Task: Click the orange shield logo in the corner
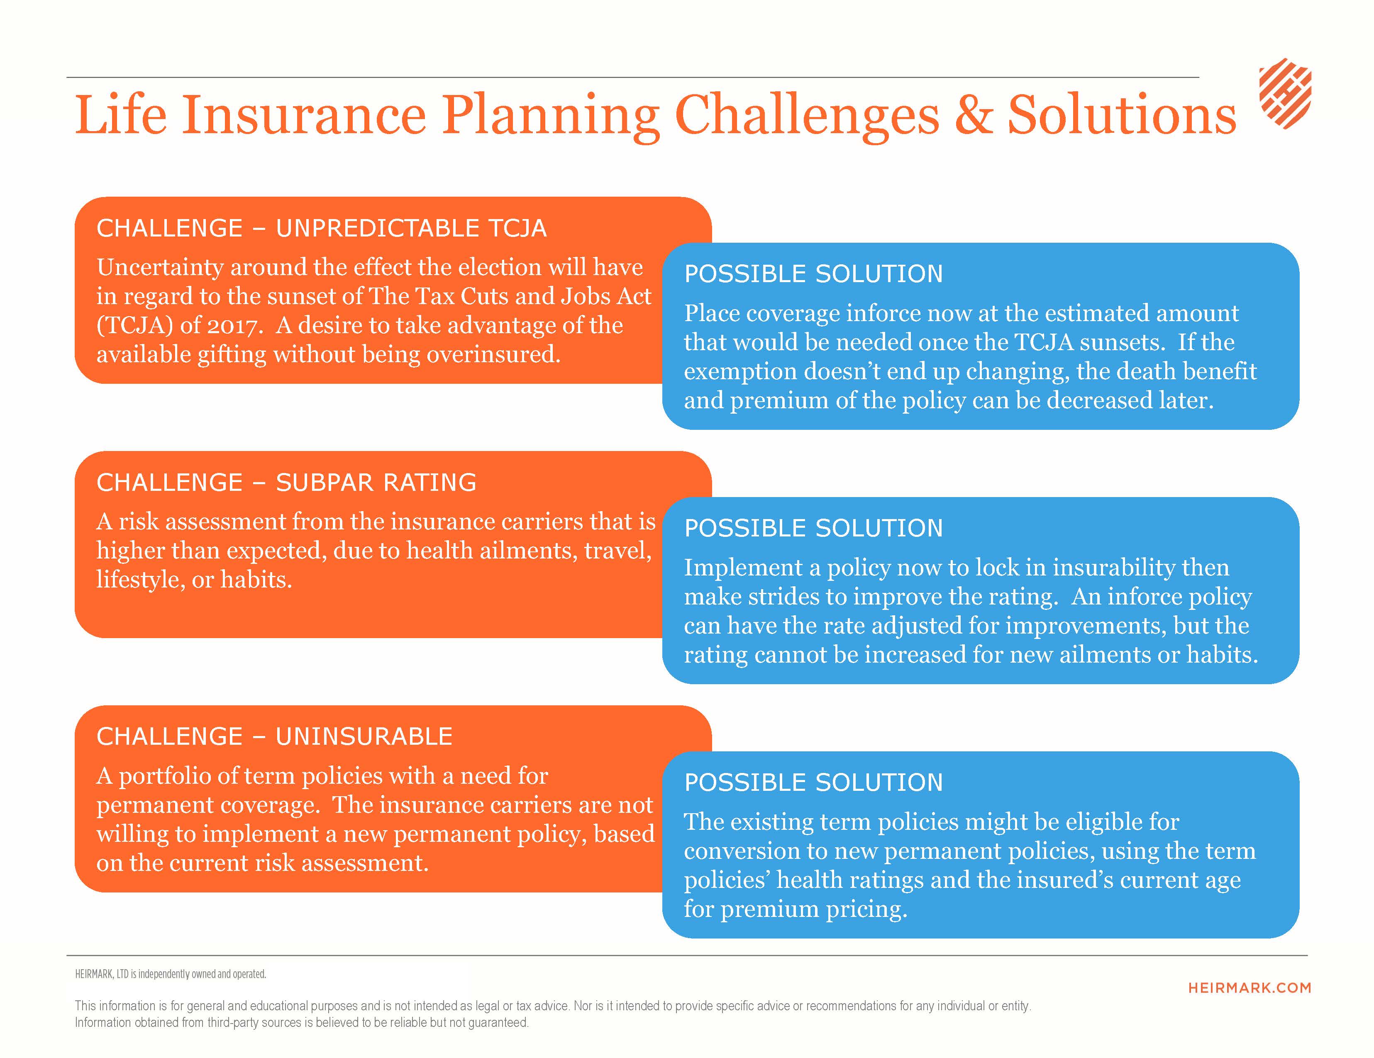click(1285, 94)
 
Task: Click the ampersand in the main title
click(973, 115)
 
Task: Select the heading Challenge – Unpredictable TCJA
click(322, 228)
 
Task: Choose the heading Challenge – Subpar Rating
click(286, 483)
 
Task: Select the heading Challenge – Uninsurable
click(274, 736)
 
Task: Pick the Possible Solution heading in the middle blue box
click(813, 528)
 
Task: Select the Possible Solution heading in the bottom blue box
click(813, 783)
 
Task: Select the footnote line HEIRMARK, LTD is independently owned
click(171, 974)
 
